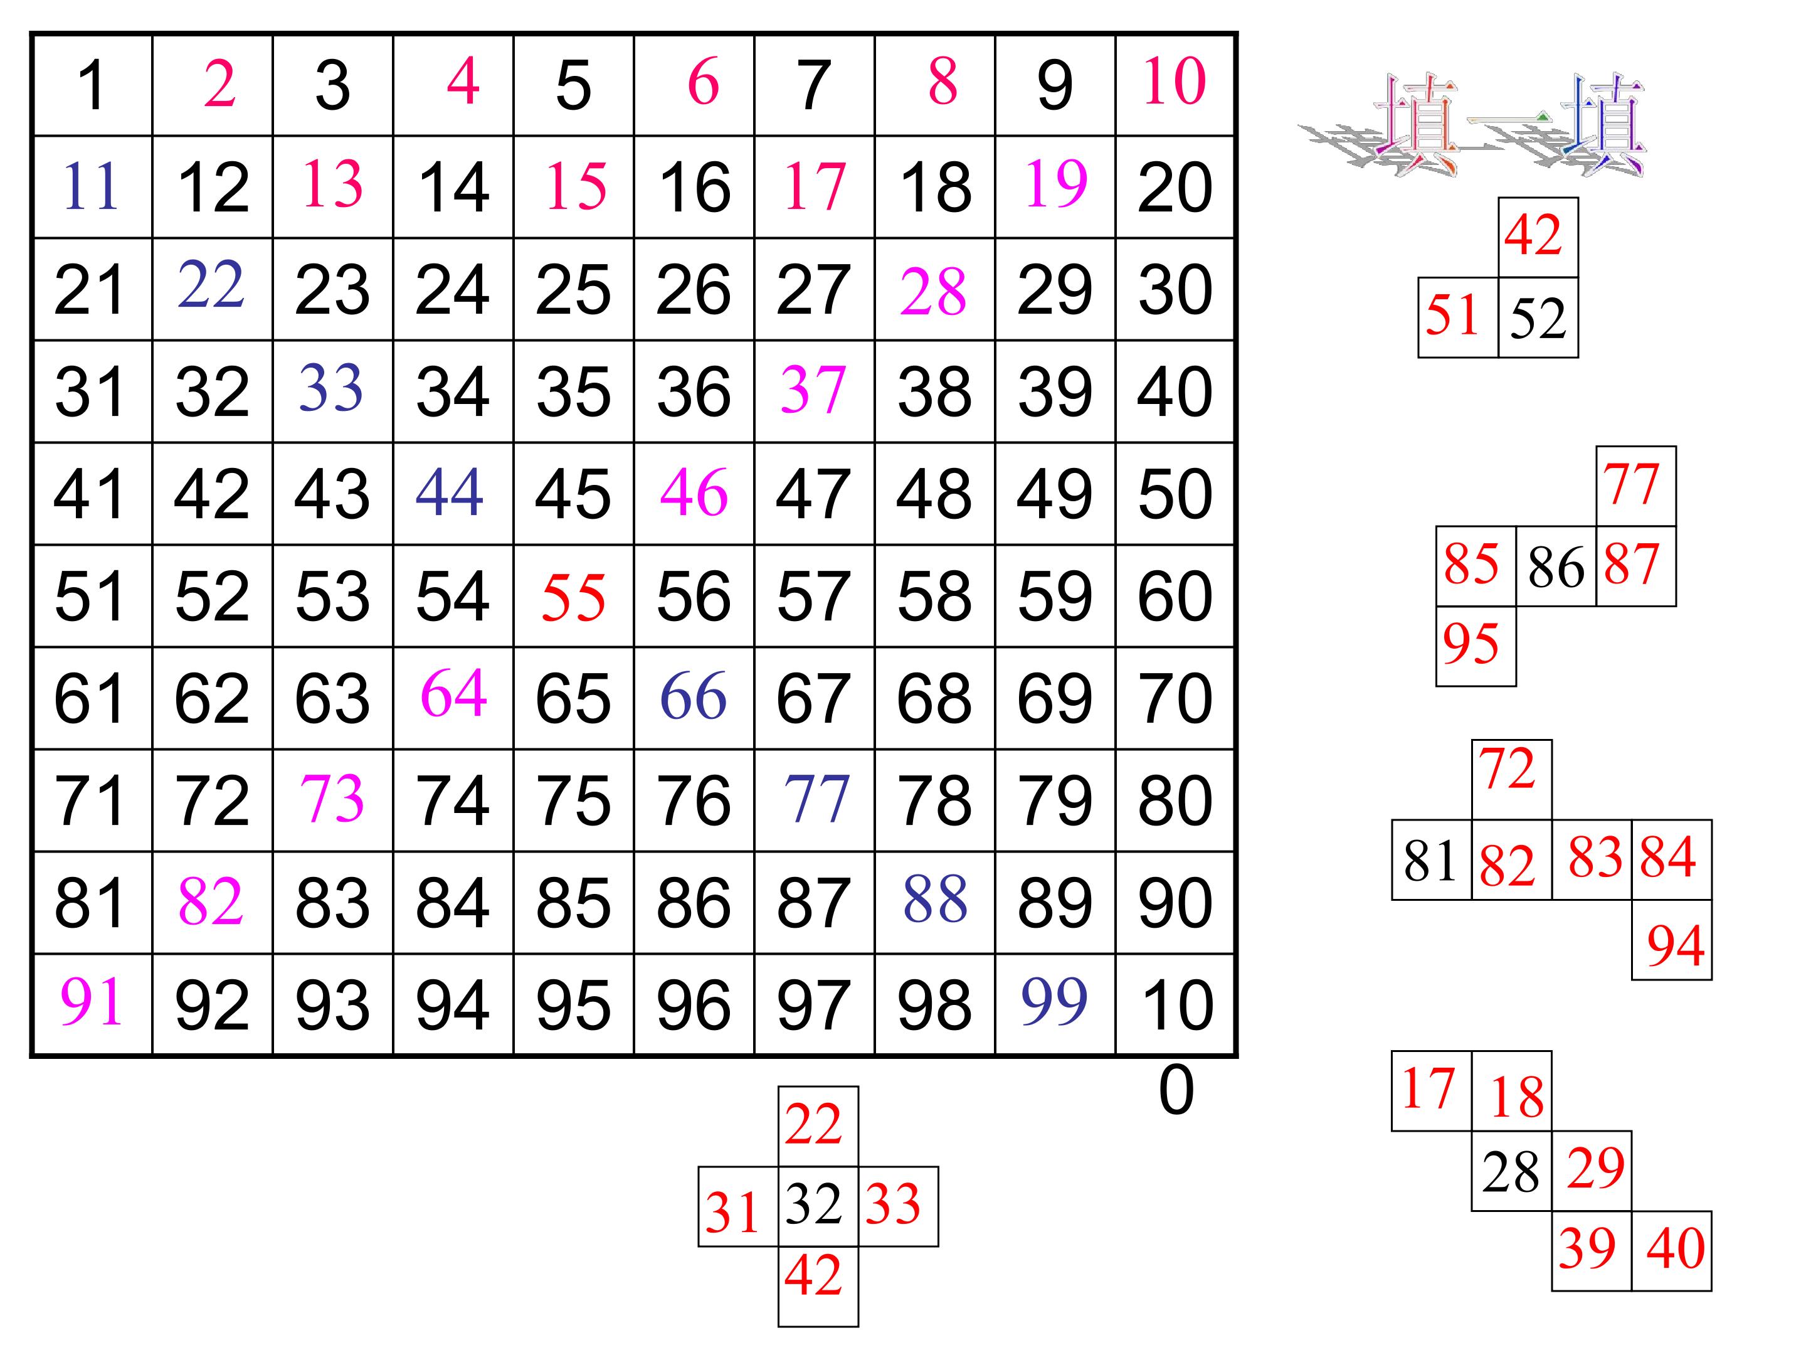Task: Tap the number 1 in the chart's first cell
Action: click(92, 85)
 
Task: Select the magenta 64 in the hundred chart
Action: click(454, 693)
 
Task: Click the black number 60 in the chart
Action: click(1175, 595)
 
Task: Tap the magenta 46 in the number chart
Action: click(694, 492)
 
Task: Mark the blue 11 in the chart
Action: click(91, 186)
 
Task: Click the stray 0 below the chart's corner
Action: click(1176, 1090)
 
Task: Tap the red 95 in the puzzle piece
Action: click(1471, 643)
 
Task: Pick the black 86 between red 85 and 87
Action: click(1556, 568)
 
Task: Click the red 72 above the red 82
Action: click(1507, 768)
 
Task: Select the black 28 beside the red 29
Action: click(1511, 1172)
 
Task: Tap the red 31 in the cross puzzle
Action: click(732, 1212)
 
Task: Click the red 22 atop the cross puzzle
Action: click(813, 1124)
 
